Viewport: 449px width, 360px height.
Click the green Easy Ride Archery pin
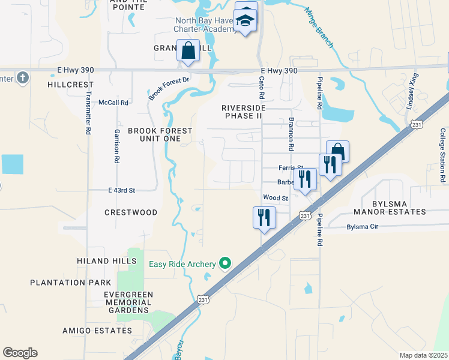pos(226,263)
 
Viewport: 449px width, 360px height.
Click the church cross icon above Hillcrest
pos(22,78)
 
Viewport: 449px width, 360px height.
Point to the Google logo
pos(20,353)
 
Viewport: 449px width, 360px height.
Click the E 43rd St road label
pos(122,190)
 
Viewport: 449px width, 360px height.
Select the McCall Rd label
pos(113,103)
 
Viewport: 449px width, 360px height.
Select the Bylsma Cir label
pos(363,227)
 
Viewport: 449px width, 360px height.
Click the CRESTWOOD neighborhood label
pos(131,212)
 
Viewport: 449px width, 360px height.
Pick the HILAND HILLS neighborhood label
pos(103,261)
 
